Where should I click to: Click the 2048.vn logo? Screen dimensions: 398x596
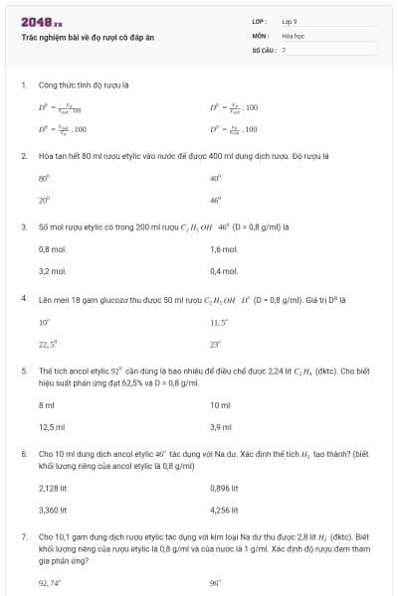coord(41,22)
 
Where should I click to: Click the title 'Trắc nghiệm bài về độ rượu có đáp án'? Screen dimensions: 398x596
coord(88,37)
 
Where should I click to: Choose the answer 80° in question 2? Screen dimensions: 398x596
coord(43,178)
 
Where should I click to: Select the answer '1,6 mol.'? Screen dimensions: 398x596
coord(224,249)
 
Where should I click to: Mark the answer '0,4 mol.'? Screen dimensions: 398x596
coord(224,270)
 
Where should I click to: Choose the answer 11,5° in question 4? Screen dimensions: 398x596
coord(219,322)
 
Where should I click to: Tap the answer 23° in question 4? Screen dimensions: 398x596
coord(215,344)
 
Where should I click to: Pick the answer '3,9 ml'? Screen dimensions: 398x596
coord(221,426)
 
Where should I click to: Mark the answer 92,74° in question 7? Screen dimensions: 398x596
coord(49,582)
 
